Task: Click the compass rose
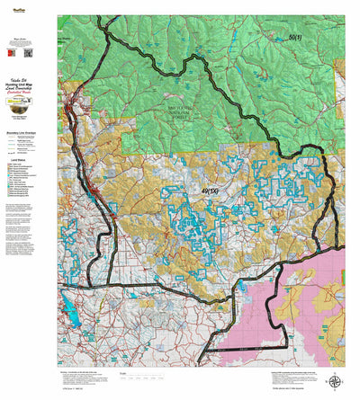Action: click(335, 381)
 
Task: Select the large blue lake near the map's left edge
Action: click(68, 312)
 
